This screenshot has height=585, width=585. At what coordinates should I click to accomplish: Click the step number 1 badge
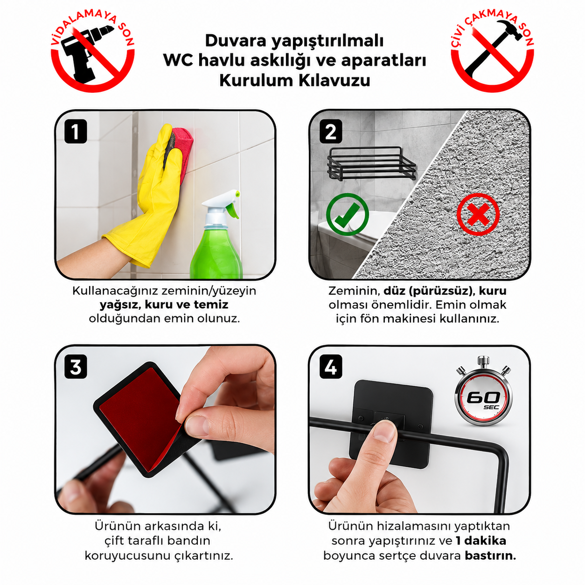[76, 131]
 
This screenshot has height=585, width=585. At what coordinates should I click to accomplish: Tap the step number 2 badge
[331, 131]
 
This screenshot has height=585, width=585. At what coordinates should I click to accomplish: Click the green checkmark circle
[347, 214]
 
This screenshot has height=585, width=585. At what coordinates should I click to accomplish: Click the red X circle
[478, 214]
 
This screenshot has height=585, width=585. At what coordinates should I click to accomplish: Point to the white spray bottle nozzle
[222, 204]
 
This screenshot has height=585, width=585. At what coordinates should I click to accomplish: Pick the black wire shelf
[372, 164]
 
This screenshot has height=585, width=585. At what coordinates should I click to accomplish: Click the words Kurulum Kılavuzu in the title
[294, 80]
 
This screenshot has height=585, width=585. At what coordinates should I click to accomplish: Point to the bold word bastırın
[491, 556]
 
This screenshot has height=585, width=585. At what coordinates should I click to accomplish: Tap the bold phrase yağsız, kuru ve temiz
[164, 305]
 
